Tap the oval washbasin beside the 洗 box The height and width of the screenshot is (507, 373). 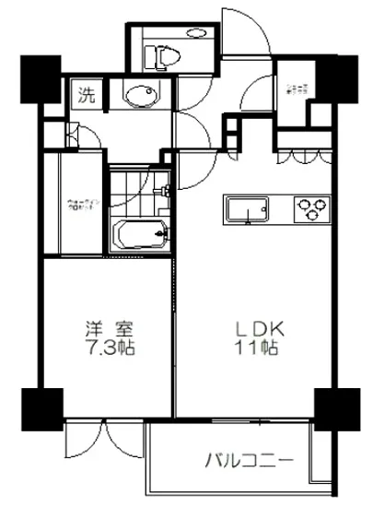pyautogui.click(x=140, y=96)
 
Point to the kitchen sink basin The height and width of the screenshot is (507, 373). pyautogui.click(x=248, y=210)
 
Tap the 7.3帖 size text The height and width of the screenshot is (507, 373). pyautogui.click(x=100, y=351)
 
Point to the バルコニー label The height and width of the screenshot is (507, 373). pyautogui.click(x=248, y=459)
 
